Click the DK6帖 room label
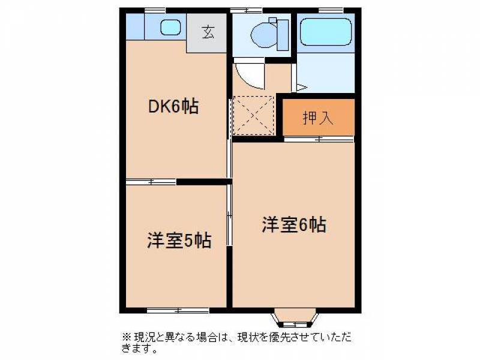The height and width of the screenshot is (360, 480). click(x=173, y=107)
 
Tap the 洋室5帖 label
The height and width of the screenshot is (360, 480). click(x=179, y=241)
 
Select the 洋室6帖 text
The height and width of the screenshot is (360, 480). click(x=294, y=224)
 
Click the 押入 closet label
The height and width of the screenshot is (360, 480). click(x=318, y=118)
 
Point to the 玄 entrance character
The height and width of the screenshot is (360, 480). click(x=208, y=32)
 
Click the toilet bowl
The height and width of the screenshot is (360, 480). click(x=264, y=35)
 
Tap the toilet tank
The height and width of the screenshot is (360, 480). click(x=283, y=35)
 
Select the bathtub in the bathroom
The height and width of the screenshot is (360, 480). click(x=325, y=32)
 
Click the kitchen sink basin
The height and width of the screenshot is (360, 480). click(x=170, y=27)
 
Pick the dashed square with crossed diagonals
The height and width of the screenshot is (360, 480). click(x=253, y=115)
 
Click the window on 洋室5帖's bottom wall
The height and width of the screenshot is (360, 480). click(x=178, y=311)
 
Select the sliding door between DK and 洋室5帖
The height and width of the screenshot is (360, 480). click(x=151, y=182)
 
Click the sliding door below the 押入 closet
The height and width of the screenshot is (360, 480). click(x=319, y=139)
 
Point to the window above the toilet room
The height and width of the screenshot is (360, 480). click(x=246, y=11)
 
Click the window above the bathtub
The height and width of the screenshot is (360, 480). click(x=331, y=11)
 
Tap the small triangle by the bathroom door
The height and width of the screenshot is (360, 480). click(x=302, y=88)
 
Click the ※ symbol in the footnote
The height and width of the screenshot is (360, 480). click(x=127, y=338)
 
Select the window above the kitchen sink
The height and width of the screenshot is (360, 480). click(x=155, y=11)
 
